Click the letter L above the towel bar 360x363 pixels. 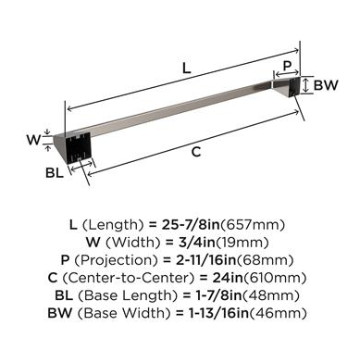pyautogui.click(x=186, y=69)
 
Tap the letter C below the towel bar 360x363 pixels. pyautogui.click(x=196, y=152)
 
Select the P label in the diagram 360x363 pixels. pyautogui.click(x=287, y=66)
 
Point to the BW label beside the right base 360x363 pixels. pyautogui.click(x=326, y=85)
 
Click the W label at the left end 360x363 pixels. pyautogui.click(x=33, y=140)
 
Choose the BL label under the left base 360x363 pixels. pyautogui.click(x=55, y=173)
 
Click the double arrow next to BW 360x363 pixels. pyautogui.click(x=305, y=85)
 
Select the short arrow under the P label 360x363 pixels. pyautogui.click(x=287, y=74)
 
